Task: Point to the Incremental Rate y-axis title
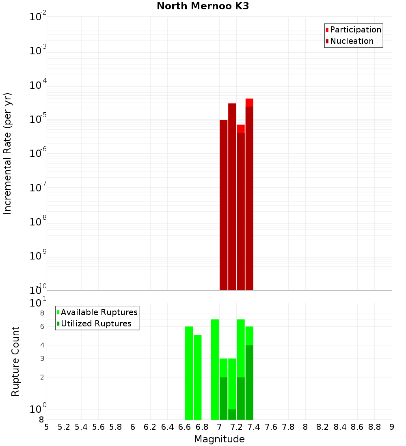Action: click(8, 154)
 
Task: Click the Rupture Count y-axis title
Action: click(15, 361)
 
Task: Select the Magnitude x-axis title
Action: click(219, 439)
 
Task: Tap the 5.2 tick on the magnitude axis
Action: click(64, 427)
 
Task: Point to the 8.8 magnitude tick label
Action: click(374, 427)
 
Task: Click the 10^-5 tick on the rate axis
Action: click(39, 119)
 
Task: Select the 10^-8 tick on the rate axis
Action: click(39, 222)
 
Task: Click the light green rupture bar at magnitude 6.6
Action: click(189, 373)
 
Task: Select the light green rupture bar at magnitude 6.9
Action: click(215, 369)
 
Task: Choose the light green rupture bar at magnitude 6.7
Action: click(198, 377)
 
